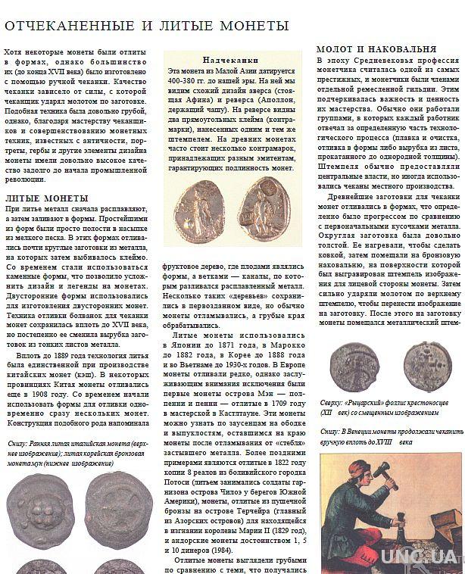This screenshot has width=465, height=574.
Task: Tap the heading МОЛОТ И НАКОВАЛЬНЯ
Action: pyautogui.click(x=376, y=48)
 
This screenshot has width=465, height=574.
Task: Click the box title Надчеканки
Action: pyautogui.click(x=230, y=60)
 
